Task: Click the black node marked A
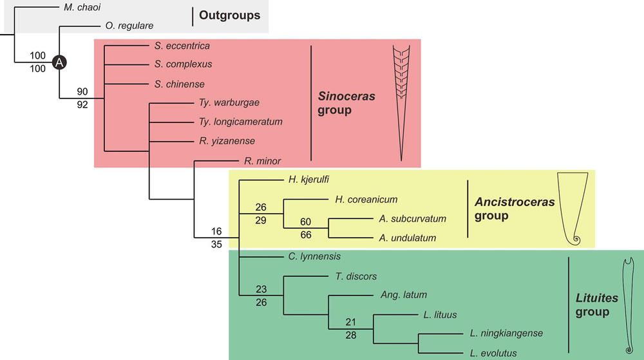59,62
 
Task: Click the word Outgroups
229,15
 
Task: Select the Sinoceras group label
346,103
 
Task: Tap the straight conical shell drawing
401,103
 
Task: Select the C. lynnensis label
315,256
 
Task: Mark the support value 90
82,91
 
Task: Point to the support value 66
306,234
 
